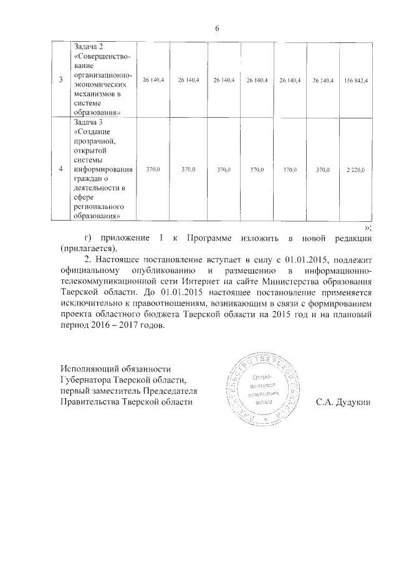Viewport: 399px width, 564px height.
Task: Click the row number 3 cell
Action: tap(60, 80)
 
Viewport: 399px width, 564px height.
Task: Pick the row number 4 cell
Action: tap(60, 170)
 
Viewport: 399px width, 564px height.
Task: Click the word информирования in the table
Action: tap(103, 169)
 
